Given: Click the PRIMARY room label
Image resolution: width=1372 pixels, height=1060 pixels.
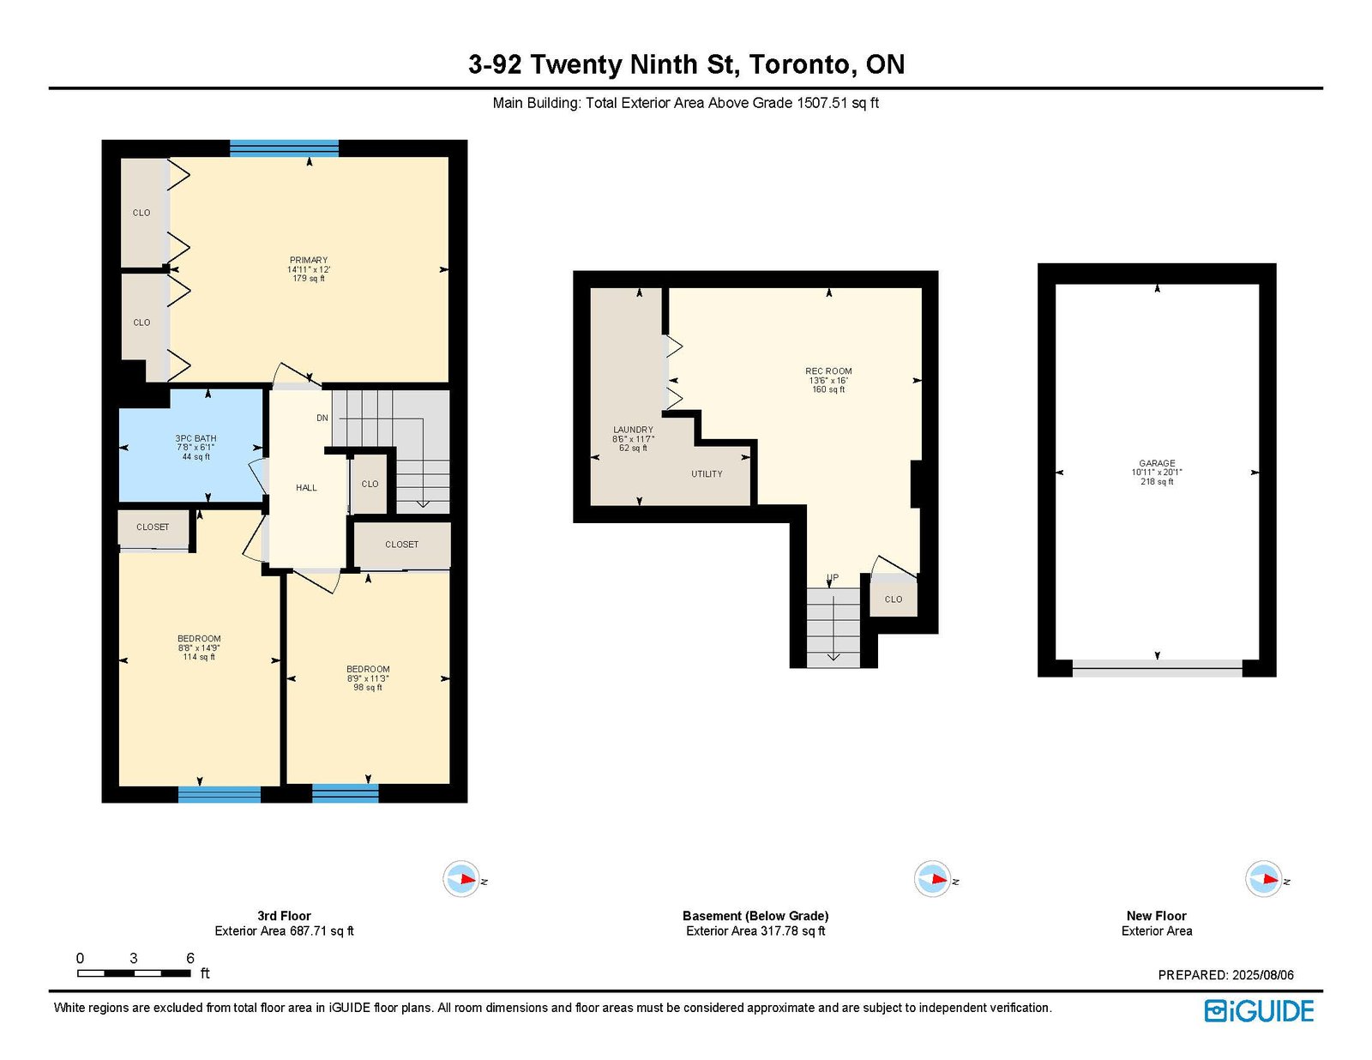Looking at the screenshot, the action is point(308,260).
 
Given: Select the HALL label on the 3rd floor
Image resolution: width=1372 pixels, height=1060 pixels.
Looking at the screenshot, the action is point(306,487).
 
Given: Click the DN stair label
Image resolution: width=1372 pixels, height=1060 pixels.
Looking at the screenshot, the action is point(322,418).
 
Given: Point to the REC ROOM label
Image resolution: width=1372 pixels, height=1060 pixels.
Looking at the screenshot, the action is point(828,371).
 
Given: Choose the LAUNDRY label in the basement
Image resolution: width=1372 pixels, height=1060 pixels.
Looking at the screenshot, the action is point(633,430).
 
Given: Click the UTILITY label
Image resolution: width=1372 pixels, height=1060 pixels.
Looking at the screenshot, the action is point(707,473).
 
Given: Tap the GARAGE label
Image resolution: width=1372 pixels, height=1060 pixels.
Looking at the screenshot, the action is point(1157,463).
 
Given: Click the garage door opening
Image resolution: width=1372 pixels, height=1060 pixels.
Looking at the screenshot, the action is point(1157,669).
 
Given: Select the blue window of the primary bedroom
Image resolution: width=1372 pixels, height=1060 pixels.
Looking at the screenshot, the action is point(284,148).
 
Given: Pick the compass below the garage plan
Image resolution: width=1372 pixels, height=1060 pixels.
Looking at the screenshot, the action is point(1264,879).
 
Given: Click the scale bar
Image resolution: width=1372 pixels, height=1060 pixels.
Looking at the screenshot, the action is point(134,973).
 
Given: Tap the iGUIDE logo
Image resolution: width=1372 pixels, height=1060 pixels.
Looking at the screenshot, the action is point(1259,1011).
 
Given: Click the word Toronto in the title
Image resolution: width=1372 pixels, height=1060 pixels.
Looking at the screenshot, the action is point(803,64).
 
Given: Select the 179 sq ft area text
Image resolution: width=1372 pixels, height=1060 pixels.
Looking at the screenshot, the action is point(308,279).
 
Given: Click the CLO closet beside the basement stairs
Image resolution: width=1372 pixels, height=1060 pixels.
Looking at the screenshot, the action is point(894,599).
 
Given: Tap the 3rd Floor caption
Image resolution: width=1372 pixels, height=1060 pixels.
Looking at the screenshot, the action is point(284,915).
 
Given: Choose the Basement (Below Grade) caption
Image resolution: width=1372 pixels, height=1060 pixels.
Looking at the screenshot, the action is point(755,915).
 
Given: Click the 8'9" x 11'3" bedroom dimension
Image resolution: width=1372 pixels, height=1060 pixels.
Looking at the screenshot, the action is point(368,678).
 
